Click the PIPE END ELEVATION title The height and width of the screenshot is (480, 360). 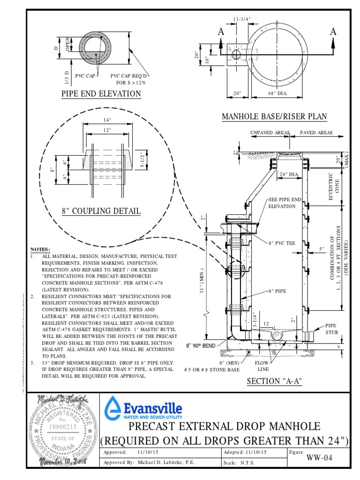(101, 94)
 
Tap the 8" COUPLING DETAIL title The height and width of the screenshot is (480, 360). (101, 211)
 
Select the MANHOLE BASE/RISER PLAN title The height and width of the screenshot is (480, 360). (274, 116)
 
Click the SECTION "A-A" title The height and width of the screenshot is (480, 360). (274, 381)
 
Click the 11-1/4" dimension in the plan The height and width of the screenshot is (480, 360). (241, 19)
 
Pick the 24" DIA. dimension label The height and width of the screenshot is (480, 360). (289, 174)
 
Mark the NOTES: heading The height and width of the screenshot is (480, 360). (40, 249)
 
